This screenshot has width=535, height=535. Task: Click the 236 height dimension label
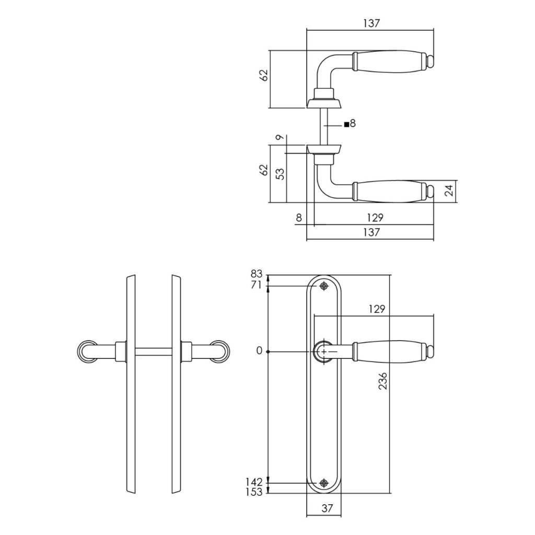pos(383,381)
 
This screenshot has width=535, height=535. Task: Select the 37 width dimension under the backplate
pos(327,508)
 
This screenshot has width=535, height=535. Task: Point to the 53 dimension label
pos(280,173)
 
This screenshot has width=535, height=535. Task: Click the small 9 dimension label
pos(280,137)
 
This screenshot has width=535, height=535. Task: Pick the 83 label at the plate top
pos(256,274)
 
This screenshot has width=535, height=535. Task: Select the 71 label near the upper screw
pos(256,285)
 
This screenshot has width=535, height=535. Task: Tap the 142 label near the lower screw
pos(254,482)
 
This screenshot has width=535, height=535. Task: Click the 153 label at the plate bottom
pos(254,492)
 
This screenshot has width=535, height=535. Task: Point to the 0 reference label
pos(259,351)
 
